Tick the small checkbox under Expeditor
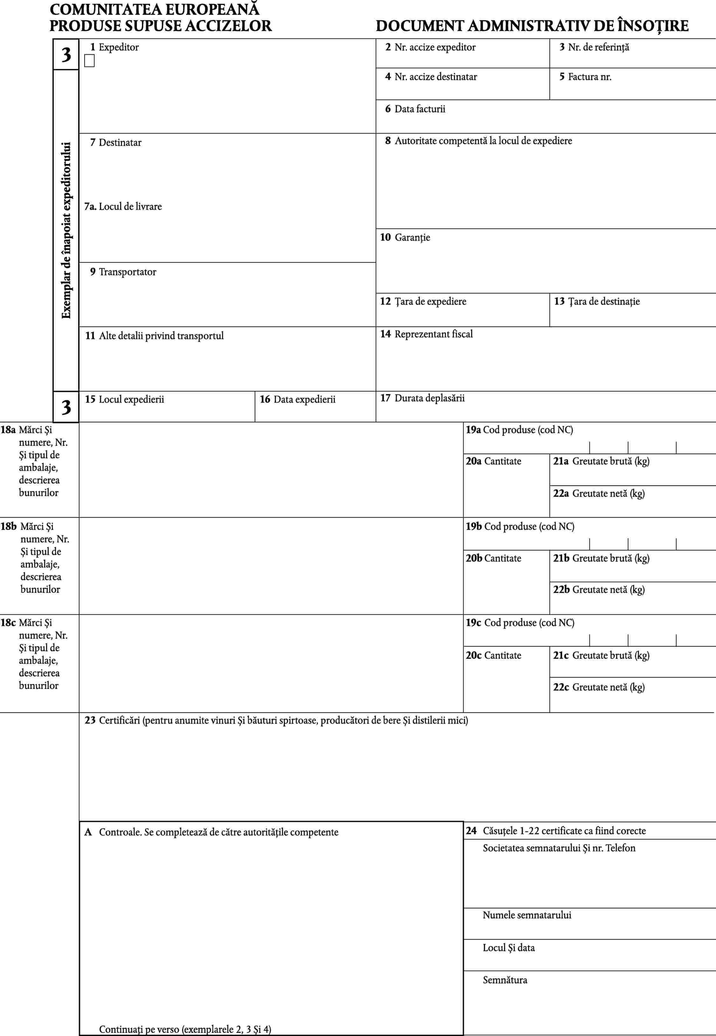tap(89, 61)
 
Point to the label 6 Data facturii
tap(415, 109)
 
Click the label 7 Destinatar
tap(115, 143)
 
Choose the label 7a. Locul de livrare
tap(123, 207)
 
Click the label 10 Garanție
tap(405, 238)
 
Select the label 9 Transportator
tap(123, 272)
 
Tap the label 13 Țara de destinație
tap(597, 302)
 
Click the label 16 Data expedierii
tap(298, 399)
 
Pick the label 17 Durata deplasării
tap(422, 398)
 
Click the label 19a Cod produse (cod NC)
tap(519, 430)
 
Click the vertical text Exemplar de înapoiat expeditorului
tap(66, 230)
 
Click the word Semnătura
tap(505, 980)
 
